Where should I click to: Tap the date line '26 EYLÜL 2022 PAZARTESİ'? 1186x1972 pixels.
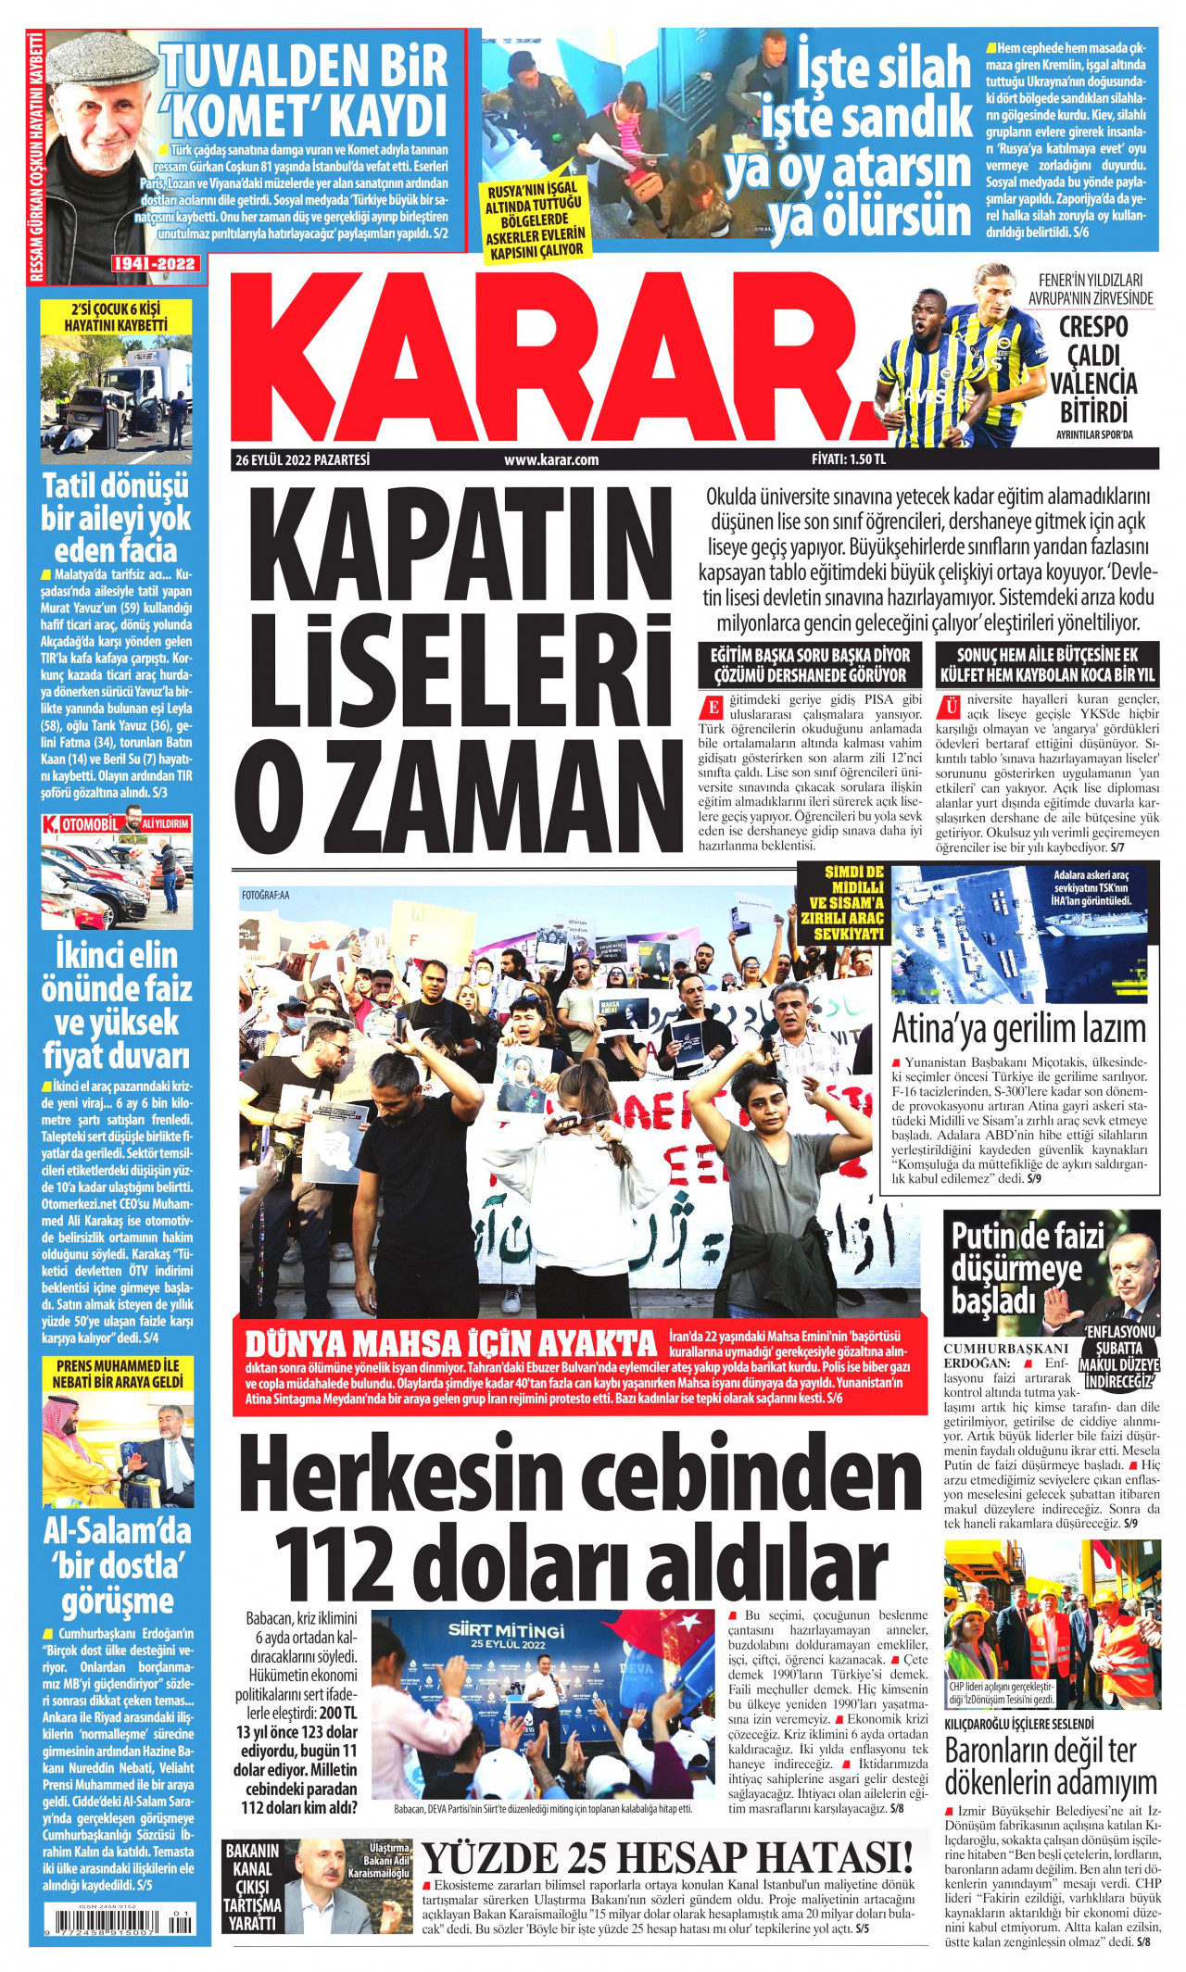pos(302,459)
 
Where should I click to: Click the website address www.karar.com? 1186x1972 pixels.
pos(551,459)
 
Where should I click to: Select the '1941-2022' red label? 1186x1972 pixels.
pos(155,263)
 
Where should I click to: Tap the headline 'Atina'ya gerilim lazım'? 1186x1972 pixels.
pos(1018,1028)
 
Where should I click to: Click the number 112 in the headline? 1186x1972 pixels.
pos(338,1564)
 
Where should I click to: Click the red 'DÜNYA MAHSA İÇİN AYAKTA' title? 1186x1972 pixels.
pos(450,1343)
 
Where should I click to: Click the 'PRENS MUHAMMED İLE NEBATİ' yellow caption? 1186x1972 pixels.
pos(117,1374)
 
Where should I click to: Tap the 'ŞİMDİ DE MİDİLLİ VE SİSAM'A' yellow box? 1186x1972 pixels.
pos(841,902)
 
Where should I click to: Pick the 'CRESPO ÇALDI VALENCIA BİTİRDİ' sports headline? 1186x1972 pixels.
pos(1094,369)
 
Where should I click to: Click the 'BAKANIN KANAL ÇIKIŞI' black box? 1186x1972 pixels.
pos(253,1886)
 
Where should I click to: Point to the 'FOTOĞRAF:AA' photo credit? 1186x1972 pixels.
pos(265,896)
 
